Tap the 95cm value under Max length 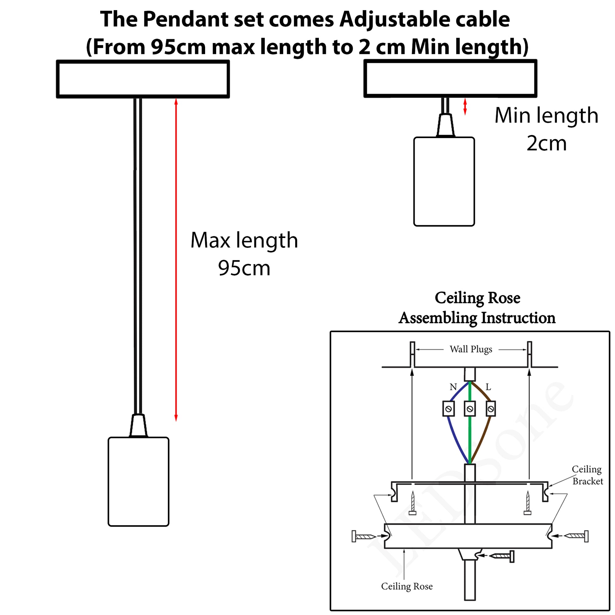(244, 268)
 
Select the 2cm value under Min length (546, 143)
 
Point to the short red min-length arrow (465, 106)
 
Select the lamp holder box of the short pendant (444, 181)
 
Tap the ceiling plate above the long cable (143, 79)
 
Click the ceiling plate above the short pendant (450, 78)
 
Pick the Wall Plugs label (471, 350)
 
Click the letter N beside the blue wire (453, 387)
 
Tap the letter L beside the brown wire (488, 387)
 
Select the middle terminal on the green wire (470, 409)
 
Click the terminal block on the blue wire (448, 409)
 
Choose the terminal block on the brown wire (491, 409)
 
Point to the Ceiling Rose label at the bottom (407, 586)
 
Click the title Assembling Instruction (477, 318)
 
